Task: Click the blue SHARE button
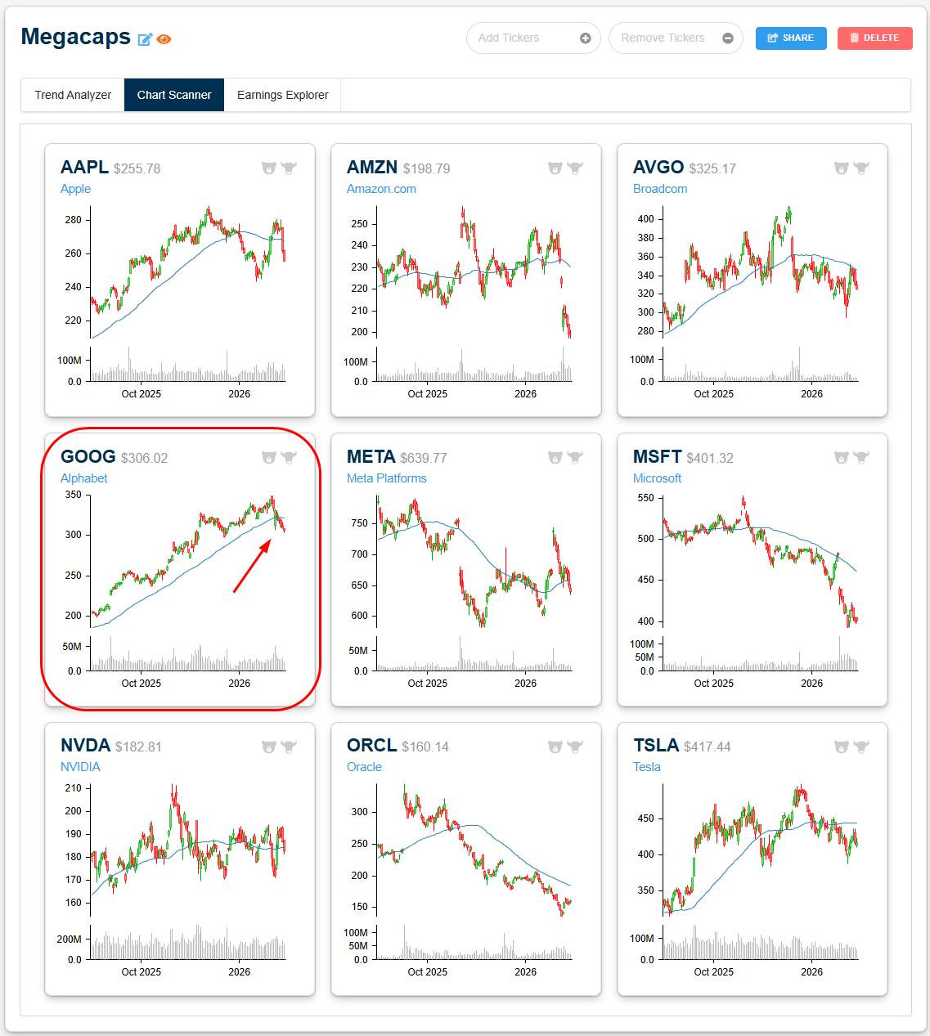(x=790, y=38)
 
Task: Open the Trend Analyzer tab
(x=73, y=95)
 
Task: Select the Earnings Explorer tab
(x=282, y=95)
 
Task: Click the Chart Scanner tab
(x=174, y=95)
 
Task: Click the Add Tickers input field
(x=523, y=38)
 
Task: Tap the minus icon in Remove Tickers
(x=728, y=38)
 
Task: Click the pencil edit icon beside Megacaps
(x=145, y=39)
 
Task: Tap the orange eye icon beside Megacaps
(x=164, y=39)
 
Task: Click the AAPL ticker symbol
(x=84, y=167)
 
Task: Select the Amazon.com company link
(x=381, y=189)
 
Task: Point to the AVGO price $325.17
(x=712, y=168)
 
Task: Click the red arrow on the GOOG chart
(x=252, y=566)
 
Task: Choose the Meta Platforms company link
(x=386, y=478)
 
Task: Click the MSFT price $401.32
(x=710, y=458)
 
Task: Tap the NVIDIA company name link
(x=80, y=767)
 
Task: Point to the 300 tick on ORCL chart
(x=360, y=812)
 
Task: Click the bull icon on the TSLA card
(x=861, y=747)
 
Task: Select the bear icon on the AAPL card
(x=268, y=168)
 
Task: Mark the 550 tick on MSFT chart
(x=645, y=498)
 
